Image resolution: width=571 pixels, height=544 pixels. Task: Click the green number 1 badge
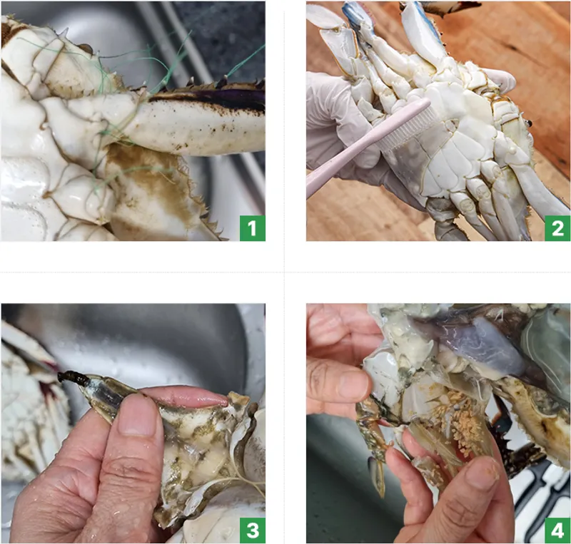pos(253,228)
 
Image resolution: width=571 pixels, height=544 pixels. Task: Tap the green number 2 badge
pos(557,228)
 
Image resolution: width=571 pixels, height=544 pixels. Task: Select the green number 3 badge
pos(253,530)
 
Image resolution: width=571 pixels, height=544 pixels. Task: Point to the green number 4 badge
pos(557,530)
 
